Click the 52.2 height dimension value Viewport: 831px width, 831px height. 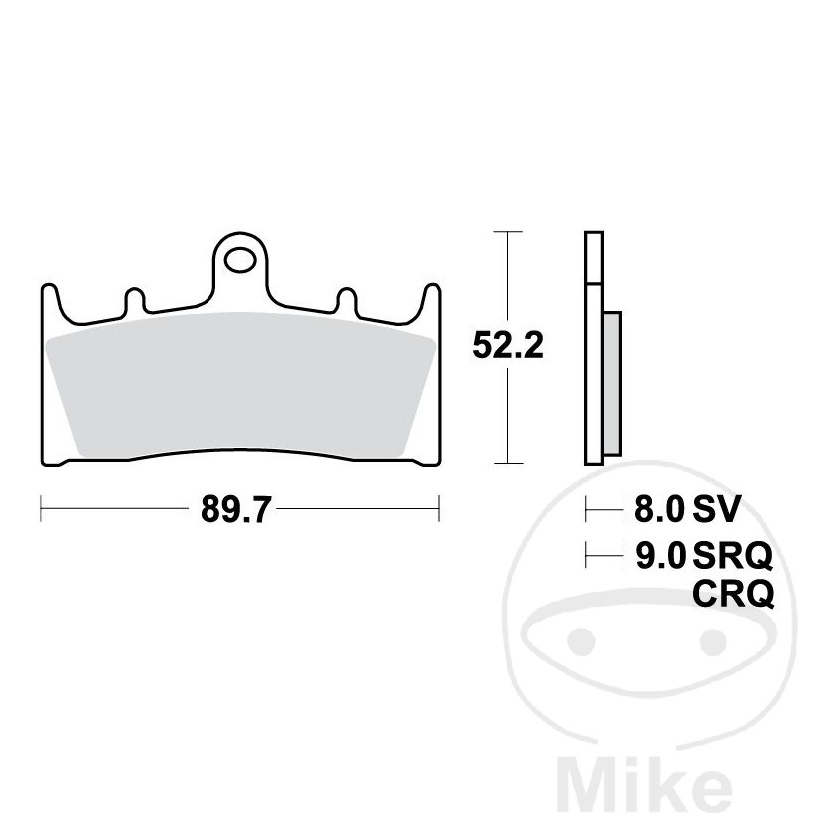[508, 346]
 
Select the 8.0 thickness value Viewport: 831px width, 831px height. [660, 511]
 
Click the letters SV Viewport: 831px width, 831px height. [716, 511]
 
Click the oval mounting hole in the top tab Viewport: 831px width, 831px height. [239, 263]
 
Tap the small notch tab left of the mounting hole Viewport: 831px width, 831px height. [132, 300]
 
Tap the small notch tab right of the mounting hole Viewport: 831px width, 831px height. [347, 300]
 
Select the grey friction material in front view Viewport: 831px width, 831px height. [239, 389]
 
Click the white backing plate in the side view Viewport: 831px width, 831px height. [593, 349]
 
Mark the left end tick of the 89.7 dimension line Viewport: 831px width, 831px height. [40, 510]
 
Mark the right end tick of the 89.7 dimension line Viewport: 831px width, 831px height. [439, 510]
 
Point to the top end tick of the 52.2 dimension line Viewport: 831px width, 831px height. [508, 232]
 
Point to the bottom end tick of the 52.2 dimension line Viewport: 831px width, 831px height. [508, 464]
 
